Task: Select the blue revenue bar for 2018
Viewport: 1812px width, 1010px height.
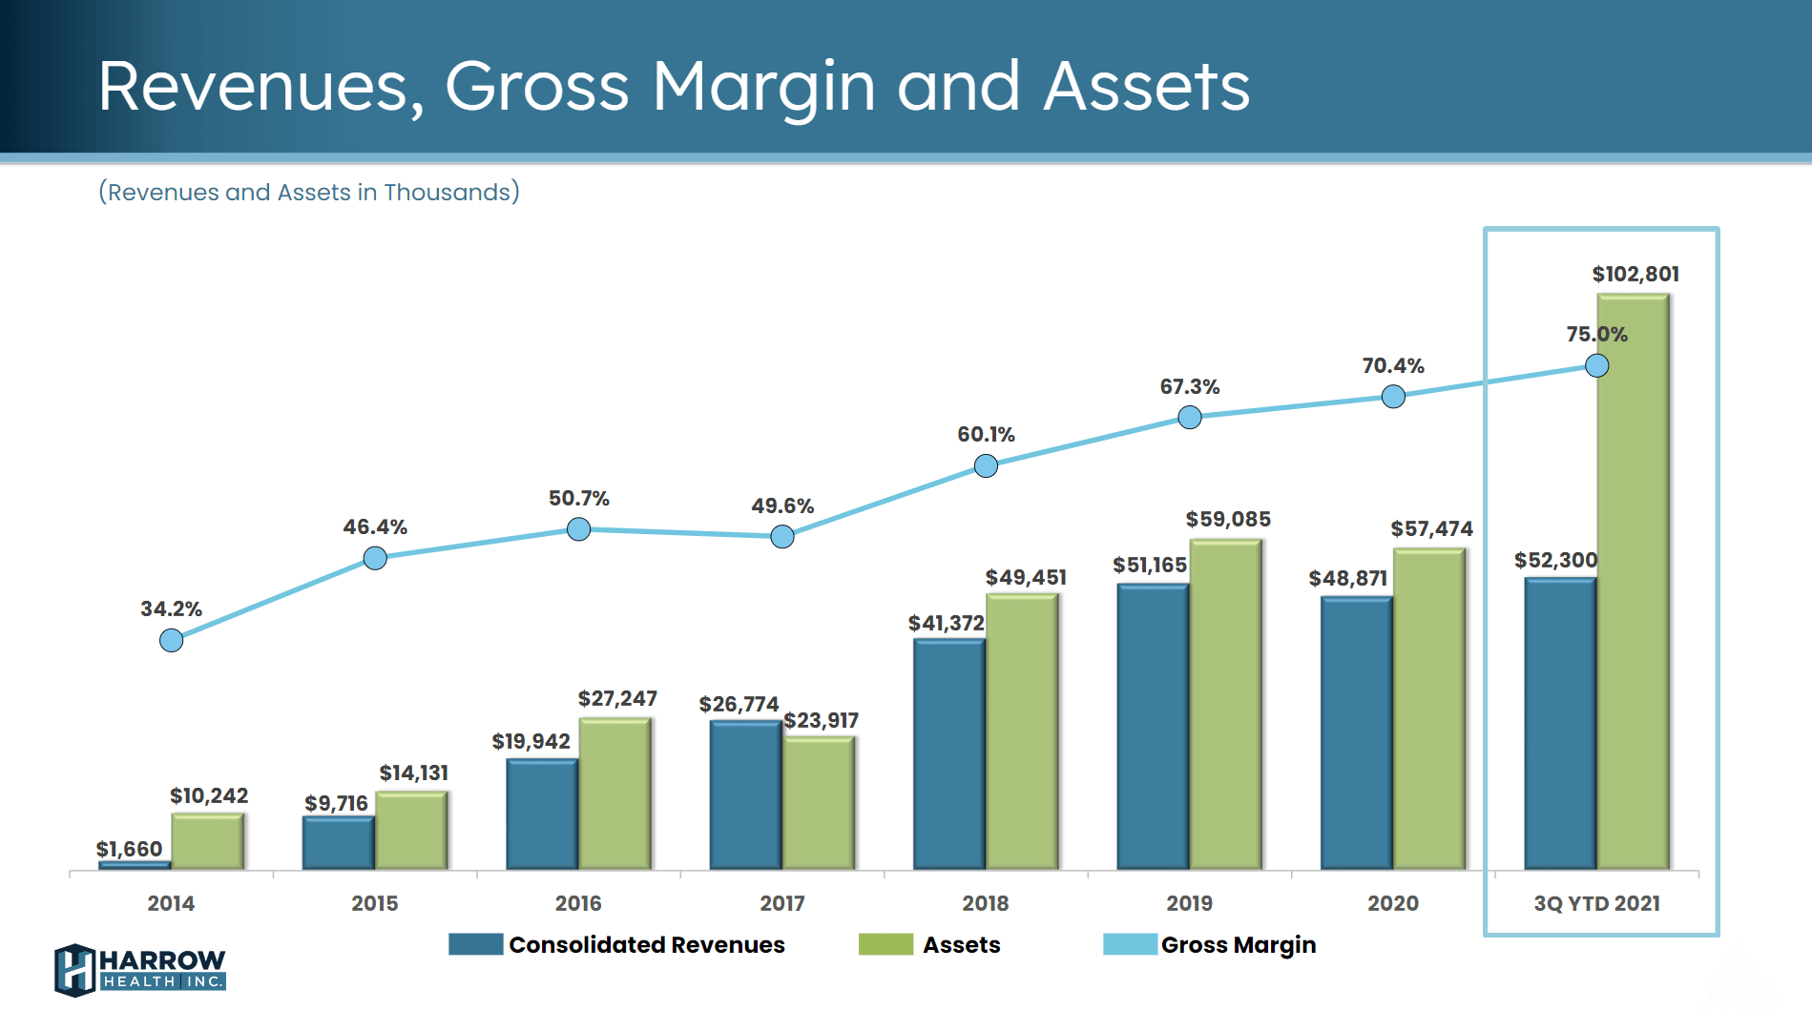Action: [x=948, y=753]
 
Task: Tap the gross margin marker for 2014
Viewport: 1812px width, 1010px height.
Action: [x=171, y=640]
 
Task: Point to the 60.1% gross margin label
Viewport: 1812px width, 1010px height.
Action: [x=986, y=435]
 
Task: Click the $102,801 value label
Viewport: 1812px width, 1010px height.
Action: [x=1635, y=275]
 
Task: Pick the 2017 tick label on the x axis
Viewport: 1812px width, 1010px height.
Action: [x=781, y=903]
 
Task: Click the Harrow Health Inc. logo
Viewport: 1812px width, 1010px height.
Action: [x=140, y=969]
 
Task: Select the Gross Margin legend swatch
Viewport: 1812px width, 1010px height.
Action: [x=1130, y=944]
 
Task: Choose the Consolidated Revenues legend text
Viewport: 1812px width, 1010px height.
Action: [x=646, y=945]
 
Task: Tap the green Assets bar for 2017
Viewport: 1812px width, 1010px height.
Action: [x=818, y=803]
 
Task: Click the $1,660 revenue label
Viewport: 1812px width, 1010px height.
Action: [x=129, y=849]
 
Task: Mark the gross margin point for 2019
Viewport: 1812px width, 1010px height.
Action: [x=1189, y=417]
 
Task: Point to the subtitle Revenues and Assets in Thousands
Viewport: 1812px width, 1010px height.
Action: [x=309, y=193]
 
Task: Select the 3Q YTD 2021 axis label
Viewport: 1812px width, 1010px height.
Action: [x=1596, y=903]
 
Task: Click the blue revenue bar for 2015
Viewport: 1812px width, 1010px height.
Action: [x=338, y=843]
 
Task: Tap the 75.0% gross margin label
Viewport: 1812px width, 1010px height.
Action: [x=1596, y=335]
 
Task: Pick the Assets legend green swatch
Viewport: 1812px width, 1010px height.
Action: [x=885, y=944]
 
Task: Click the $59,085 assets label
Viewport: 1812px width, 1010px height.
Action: [x=1227, y=520]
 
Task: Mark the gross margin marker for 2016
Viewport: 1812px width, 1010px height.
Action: [x=578, y=529]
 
